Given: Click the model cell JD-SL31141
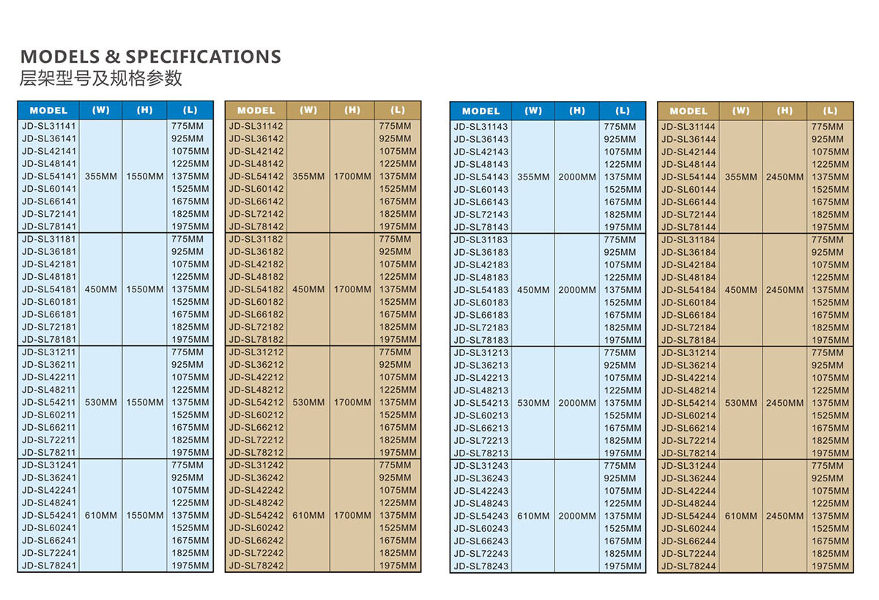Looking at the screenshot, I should tap(49, 126).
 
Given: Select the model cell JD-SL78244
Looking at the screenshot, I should tap(689, 566).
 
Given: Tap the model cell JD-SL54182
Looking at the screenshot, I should tap(256, 289).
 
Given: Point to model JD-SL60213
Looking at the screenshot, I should tap(481, 415).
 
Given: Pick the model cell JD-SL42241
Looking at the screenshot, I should tap(49, 490).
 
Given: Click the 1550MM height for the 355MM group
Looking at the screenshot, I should tap(145, 177).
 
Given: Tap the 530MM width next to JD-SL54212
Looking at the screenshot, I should tap(308, 402).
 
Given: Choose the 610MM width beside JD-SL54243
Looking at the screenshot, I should tap(533, 516).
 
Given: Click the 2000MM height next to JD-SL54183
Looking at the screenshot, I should tap(577, 290).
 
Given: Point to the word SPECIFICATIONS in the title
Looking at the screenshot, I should tap(203, 56).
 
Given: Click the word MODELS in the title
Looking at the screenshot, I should tap(60, 56).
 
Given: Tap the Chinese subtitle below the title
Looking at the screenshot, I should tap(100, 78).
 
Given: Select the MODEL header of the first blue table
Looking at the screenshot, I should tap(48, 111).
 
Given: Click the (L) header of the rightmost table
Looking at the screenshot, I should tap(830, 111).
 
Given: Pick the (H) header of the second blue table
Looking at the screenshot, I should tap(577, 111).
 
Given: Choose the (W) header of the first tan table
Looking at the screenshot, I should tap(308, 111).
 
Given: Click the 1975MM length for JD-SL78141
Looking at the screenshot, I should tap(190, 226).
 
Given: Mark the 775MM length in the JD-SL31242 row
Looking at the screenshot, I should tap(395, 465).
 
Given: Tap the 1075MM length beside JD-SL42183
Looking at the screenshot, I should tap(623, 264).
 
